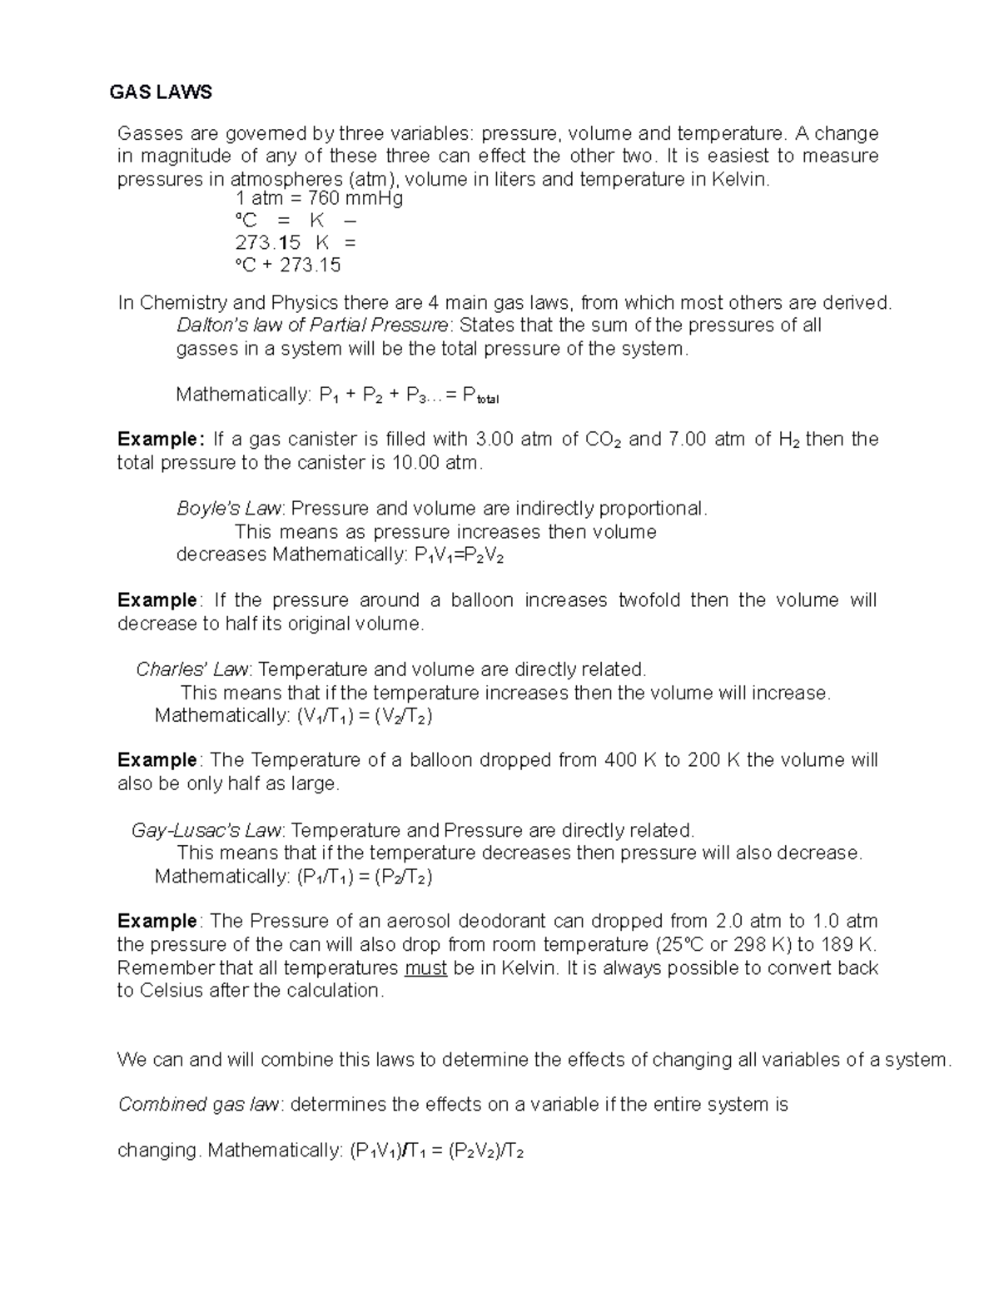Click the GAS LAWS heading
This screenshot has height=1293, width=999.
coord(161,92)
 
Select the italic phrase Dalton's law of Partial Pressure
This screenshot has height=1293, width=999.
coord(313,326)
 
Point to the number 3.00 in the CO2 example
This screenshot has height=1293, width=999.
coord(495,440)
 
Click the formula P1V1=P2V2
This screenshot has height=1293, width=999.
coord(459,555)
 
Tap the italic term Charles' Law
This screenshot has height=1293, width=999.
coord(194,669)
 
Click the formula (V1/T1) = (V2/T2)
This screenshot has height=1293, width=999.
coord(364,716)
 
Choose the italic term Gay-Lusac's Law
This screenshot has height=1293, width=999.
coord(208,830)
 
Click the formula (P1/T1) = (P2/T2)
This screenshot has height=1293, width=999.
coord(364,877)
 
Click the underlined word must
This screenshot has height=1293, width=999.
coord(425,968)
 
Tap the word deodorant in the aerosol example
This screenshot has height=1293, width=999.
coord(489,922)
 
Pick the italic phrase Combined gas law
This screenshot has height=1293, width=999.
coord(201,1105)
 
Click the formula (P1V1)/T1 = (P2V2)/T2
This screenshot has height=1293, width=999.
coord(436,1151)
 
